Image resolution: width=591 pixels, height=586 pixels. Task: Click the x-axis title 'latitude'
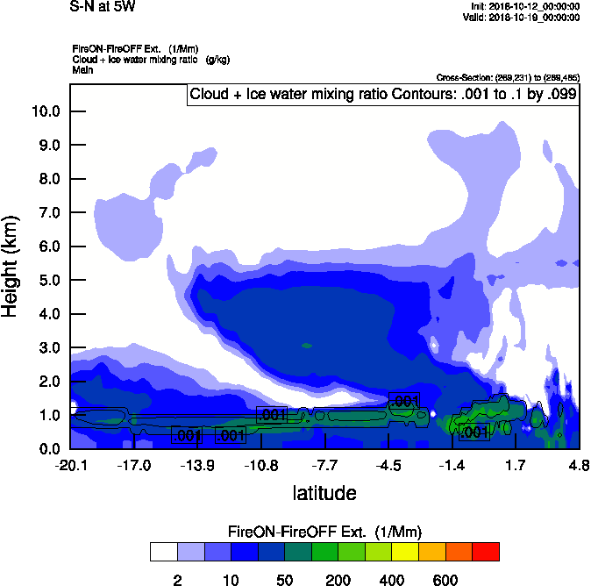324,493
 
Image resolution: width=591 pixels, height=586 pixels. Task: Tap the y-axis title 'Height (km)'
11,267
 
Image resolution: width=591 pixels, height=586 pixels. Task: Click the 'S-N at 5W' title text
103,6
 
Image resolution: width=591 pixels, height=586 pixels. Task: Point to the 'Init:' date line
524,7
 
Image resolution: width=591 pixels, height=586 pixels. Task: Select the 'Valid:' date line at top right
523,17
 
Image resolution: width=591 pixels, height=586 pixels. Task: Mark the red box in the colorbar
485,552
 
